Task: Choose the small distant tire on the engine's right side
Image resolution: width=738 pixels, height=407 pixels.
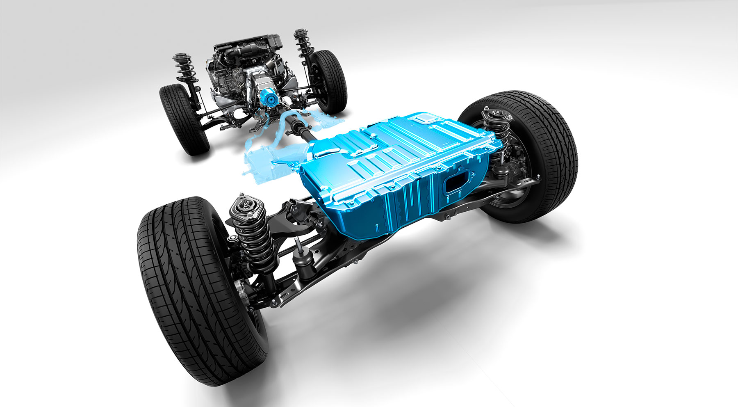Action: pyautogui.click(x=328, y=80)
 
